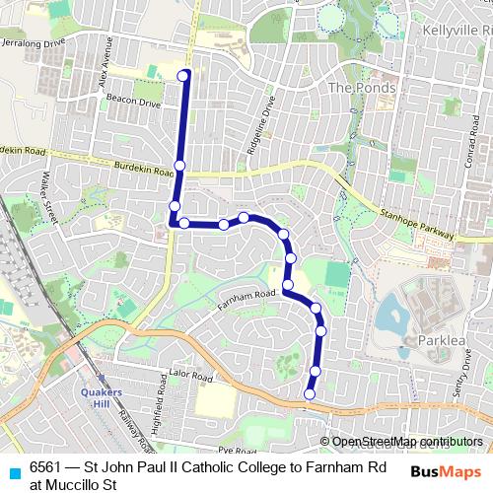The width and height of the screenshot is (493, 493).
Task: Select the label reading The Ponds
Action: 361,88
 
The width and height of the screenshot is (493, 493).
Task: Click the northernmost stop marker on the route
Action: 183,75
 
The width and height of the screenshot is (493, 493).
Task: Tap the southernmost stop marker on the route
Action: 310,394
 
